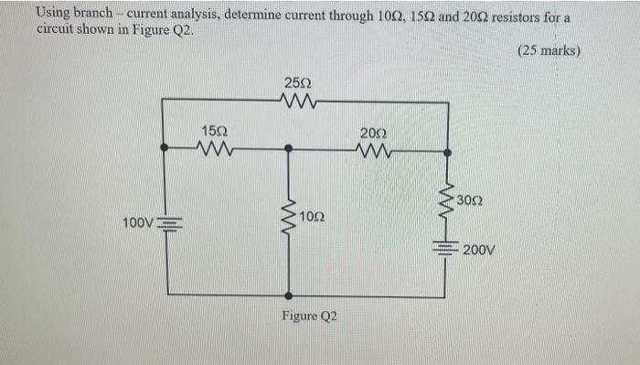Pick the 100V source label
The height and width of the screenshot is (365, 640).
[138, 222]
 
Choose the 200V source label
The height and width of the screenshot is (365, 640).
[479, 249]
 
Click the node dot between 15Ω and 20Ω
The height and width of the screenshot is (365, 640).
[289, 147]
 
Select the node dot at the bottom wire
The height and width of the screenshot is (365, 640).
[289, 295]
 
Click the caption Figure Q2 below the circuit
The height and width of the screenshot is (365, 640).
[309, 316]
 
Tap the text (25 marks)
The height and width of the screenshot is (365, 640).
[548, 51]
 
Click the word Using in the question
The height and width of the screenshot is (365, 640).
[52, 13]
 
